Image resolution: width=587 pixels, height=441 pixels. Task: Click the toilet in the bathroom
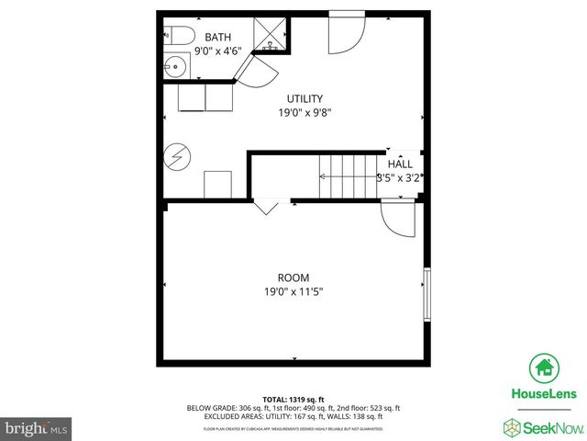[178, 37]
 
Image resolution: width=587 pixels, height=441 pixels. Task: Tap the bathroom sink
[175, 65]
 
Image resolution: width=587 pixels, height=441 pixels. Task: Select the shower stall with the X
[271, 38]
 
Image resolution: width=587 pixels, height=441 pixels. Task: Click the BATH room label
[218, 37]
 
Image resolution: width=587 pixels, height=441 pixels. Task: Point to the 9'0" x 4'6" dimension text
[218, 51]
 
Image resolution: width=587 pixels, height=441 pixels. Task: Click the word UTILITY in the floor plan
[305, 98]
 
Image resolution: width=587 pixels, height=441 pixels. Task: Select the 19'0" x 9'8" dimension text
[305, 113]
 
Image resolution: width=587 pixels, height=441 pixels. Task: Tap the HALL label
[399, 164]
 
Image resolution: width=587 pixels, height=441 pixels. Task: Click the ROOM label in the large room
[293, 277]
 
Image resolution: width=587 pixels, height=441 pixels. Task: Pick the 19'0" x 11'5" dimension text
[293, 292]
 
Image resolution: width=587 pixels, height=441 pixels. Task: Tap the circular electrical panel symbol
[175, 156]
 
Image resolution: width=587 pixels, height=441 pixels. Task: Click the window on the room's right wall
[426, 294]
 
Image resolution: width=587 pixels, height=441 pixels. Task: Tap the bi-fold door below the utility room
[266, 208]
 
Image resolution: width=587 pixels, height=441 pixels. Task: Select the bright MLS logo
[37, 428]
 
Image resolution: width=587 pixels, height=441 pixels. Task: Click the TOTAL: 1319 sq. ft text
[293, 399]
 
